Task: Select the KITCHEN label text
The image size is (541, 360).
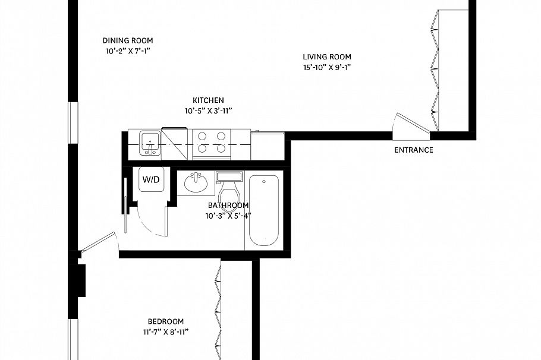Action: [x=208, y=100]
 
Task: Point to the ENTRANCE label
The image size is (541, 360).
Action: [x=414, y=150]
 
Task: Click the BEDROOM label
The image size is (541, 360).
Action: [x=166, y=321]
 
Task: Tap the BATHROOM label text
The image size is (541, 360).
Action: [x=228, y=206]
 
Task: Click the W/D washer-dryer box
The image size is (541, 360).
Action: [x=150, y=180]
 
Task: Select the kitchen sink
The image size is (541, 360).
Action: [x=150, y=143]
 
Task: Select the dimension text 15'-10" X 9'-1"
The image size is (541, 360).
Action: [x=326, y=67]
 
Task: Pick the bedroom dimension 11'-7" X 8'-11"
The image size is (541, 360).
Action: [x=166, y=332]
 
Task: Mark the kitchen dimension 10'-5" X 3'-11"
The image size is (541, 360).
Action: [x=208, y=111]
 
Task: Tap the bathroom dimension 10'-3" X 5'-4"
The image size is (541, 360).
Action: [x=228, y=216]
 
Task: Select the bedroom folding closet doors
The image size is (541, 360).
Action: [x=218, y=309]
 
